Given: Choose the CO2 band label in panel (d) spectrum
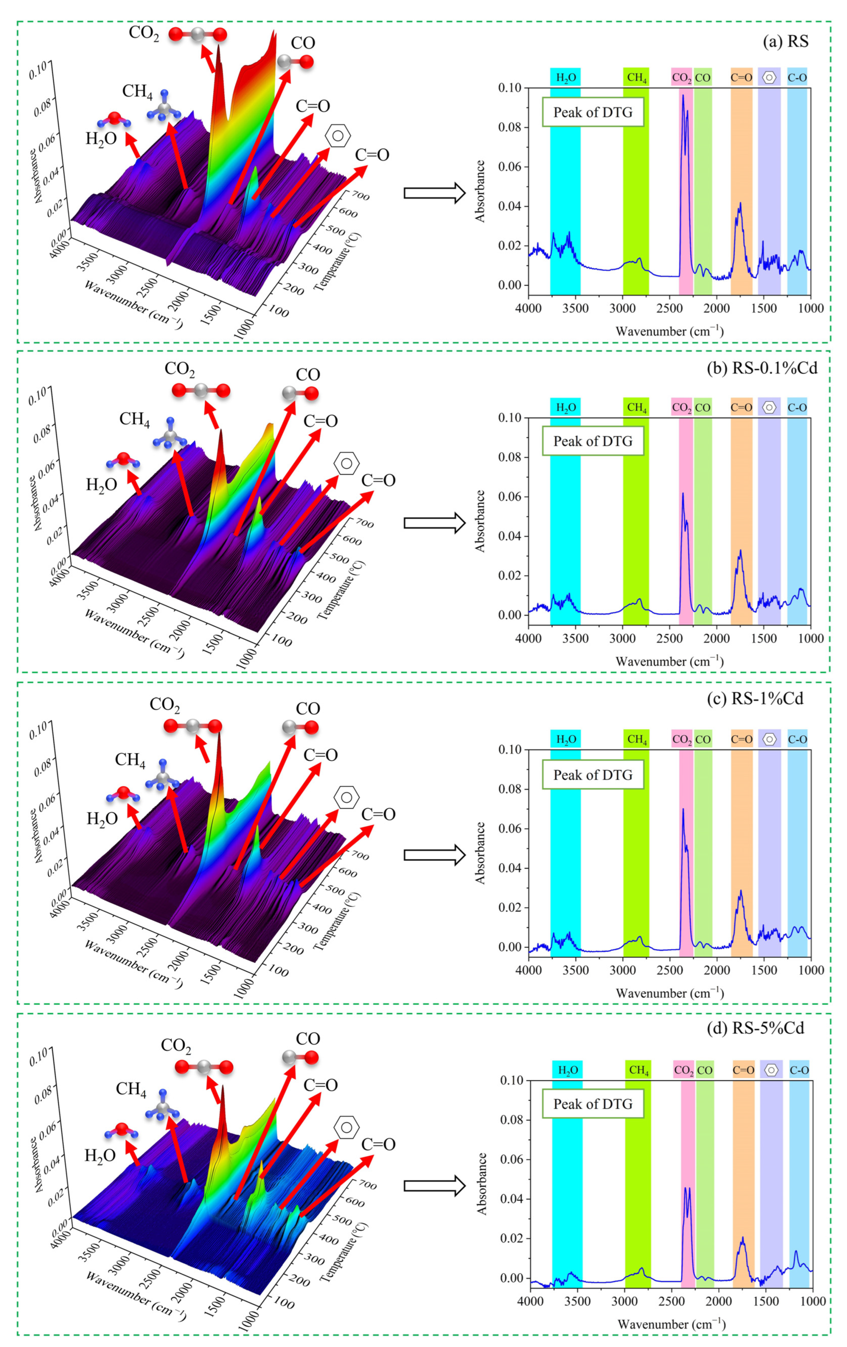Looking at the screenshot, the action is (684, 1070).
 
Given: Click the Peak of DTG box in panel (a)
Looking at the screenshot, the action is (592, 112).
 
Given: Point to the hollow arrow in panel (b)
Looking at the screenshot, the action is (435, 523).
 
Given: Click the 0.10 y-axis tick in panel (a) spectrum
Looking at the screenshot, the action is (510, 88).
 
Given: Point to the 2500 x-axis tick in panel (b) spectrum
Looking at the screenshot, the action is (669, 638).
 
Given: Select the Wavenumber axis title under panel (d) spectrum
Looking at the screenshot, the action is (671, 1324).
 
